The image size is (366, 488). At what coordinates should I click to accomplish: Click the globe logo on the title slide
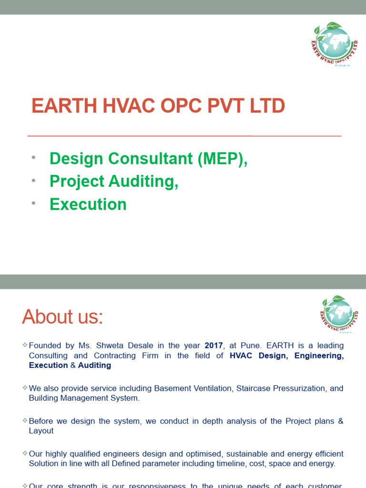click(334, 44)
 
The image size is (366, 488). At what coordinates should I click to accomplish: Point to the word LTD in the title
click(267, 106)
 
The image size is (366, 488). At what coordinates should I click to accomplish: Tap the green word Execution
click(88, 204)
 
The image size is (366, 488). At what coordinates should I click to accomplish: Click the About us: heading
click(62, 317)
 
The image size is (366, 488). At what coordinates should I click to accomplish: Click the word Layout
click(41, 431)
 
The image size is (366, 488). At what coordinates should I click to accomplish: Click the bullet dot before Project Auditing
click(34, 181)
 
